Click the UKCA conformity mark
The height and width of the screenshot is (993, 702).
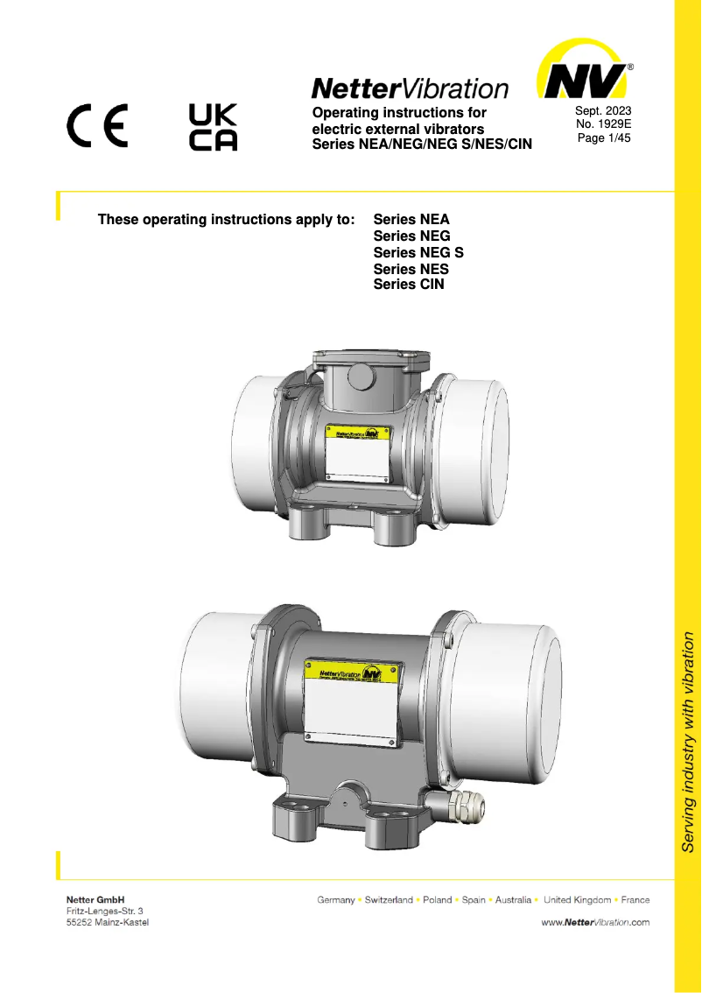click(213, 128)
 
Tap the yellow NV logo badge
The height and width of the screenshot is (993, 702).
click(584, 74)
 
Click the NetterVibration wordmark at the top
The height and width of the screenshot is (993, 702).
click(410, 88)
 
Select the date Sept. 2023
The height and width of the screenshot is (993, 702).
click(603, 110)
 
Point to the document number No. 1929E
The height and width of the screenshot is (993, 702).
click(603, 124)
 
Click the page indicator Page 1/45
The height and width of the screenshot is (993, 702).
click(603, 138)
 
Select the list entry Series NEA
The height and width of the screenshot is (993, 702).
click(411, 220)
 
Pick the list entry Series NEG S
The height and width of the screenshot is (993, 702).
click(418, 252)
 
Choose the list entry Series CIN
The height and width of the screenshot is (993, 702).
click(409, 285)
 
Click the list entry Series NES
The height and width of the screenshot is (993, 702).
click(411, 269)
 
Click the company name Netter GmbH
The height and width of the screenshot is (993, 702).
click(95, 899)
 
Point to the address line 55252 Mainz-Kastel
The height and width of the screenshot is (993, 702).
click(107, 924)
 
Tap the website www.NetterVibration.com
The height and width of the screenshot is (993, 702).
click(595, 922)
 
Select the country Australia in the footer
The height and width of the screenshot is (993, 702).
click(513, 900)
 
